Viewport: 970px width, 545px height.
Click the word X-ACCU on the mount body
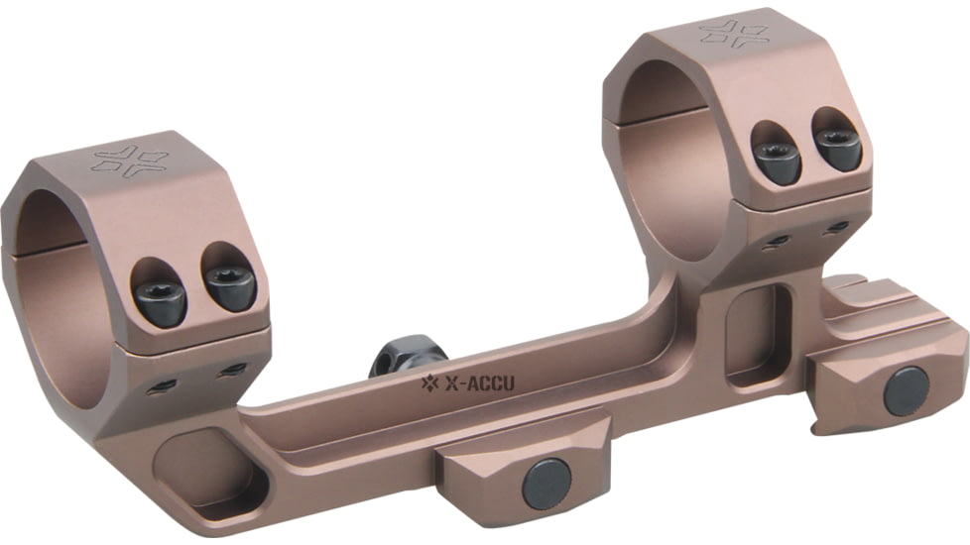point(480,382)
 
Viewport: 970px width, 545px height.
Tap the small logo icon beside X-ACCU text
point(428,382)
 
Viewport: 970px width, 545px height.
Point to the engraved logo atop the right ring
point(734,33)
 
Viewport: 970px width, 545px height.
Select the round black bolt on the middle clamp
point(546,484)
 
